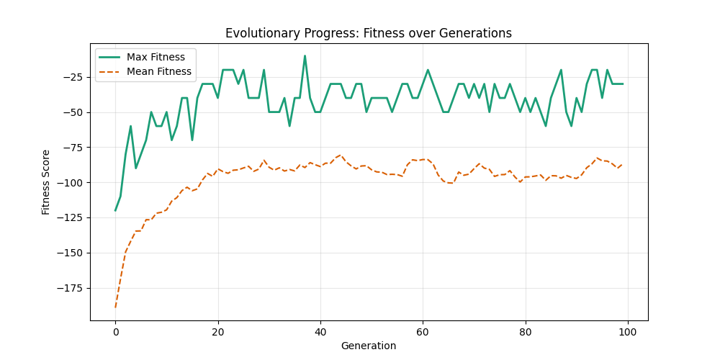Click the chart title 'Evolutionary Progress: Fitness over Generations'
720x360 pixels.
(369, 33)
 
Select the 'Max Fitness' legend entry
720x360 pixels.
(156, 57)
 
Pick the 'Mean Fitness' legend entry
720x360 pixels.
(158, 72)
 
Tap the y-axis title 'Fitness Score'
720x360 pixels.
(46, 182)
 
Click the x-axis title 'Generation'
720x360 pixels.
(369, 346)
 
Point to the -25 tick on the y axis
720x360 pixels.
(74, 77)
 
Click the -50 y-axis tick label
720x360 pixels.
(74, 112)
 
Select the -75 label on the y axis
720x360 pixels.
(74, 148)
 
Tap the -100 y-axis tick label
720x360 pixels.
(72, 183)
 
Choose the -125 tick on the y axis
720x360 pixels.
(72, 217)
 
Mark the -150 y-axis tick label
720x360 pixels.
(72, 253)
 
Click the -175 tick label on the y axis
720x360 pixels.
(72, 288)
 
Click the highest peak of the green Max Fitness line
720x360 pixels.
(305, 56)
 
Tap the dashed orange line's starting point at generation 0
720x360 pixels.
(115, 307)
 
